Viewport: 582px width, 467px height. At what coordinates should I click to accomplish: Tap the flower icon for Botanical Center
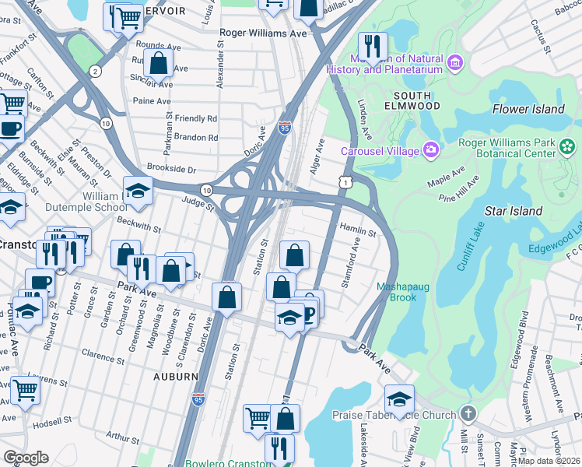pyautogui.click(x=567, y=146)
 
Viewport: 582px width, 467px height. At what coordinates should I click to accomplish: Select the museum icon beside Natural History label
pyautogui.click(x=455, y=61)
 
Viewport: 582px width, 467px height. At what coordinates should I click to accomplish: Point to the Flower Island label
pyautogui.click(x=528, y=109)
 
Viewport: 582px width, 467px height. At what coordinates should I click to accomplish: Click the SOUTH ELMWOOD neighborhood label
pyautogui.click(x=412, y=105)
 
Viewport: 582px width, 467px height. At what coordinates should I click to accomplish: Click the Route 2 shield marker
pyautogui.click(x=95, y=72)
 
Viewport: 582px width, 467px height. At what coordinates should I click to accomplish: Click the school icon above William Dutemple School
pyautogui.click(x=138, y=191)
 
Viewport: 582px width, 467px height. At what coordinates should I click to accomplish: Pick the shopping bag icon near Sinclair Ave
pyautogui.click(x=158, y=63)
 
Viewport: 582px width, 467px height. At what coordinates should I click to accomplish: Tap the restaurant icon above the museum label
pyautogui.click(x=373, y=46)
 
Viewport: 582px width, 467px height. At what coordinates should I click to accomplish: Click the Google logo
pyautogui.click(x=26, y=458)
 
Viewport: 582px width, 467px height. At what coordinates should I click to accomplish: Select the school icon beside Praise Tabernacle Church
pyautogui.click(x=399, y=399)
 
